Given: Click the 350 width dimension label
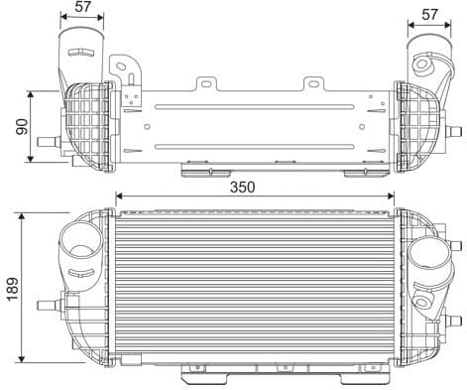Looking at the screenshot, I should point(243,186).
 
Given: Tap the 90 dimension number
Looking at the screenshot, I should point(18,126).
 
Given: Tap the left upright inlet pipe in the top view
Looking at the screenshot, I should point(79,50).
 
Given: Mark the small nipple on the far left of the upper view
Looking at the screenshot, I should point(46,143).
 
